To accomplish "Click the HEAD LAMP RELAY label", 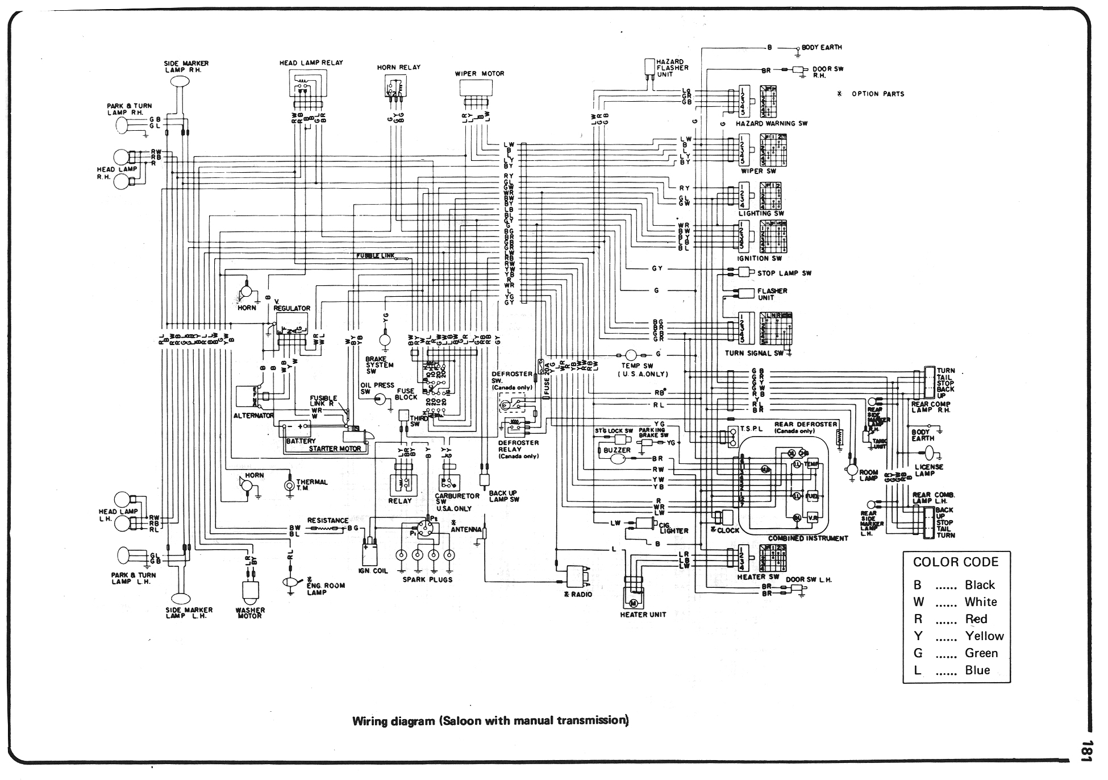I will coord(311,63).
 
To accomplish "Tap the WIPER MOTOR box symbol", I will coord(476,88).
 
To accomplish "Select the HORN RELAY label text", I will coord(399,68).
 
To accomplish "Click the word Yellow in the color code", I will coord(984,636).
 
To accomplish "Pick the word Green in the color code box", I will coord(981,653).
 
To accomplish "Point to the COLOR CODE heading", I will coord(955,562).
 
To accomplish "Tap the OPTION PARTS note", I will coord(877,94).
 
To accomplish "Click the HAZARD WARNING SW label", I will coord(771,123).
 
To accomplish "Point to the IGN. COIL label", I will coord(373,570).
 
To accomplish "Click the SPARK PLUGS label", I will coord(427,579).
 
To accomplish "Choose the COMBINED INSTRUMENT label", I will coord(807,538).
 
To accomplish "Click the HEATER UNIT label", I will coord(643,615).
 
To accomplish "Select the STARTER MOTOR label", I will coord(335,449).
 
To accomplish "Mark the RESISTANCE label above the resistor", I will coord(327,520).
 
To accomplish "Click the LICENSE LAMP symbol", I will coord(930,453).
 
